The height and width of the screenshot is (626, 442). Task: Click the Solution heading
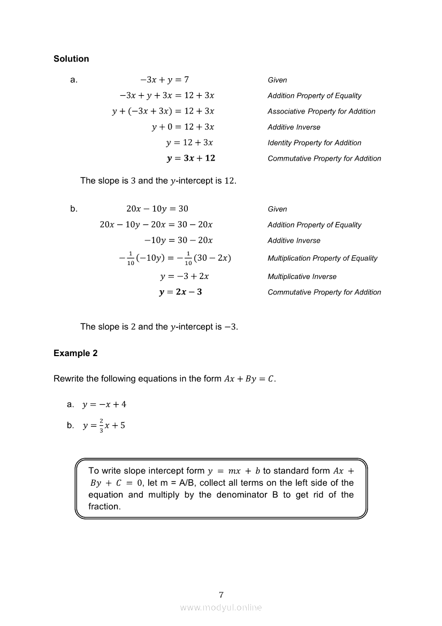tap(71, 59)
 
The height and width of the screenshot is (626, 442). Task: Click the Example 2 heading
tap(75, 353)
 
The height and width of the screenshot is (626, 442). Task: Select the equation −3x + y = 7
tap(164, 80)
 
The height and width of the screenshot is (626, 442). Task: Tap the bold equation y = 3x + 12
tap(191, 159)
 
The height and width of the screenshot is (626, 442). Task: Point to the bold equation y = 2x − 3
tap(180, 292)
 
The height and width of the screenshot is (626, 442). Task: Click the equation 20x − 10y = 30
tap(157, 209)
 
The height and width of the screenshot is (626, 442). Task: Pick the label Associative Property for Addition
tap(322, 111)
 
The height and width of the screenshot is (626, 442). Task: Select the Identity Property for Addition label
tap(315, 143)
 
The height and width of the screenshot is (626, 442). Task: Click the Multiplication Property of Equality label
tap(323, 258)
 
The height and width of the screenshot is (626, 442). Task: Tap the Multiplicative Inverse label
tap(302, 277)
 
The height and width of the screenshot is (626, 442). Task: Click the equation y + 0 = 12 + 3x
tap(183, 127)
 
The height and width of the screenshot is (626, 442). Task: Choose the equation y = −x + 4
tap(104, 404)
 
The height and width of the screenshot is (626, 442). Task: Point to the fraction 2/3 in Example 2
tap(101, 426)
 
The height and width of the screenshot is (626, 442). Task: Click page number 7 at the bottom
tap(221, 595)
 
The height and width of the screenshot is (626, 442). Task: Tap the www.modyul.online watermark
tap(221, 608)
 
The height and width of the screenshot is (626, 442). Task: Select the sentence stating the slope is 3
tap(158, 181)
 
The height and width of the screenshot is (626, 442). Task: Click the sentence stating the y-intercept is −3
tap(159, 327)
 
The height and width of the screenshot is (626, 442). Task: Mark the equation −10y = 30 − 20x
tap(179, 240)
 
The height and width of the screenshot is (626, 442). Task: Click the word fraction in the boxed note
tap(104, 507)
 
